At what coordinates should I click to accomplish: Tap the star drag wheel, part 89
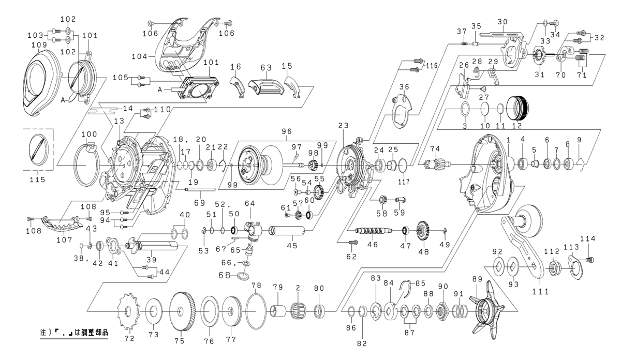(484, 310)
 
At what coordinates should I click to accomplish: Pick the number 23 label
(343, 125)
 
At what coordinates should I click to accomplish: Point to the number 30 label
(501, 22)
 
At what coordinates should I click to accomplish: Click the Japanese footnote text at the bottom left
(74, 334)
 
